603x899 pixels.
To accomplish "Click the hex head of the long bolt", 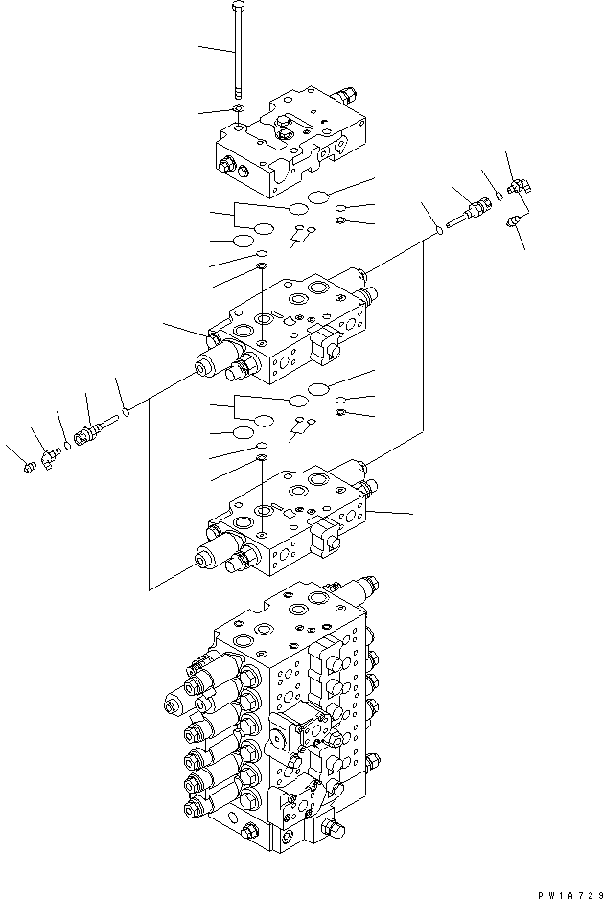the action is (x=238, y=7).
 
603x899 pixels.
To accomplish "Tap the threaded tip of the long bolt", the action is (x=238, y=92).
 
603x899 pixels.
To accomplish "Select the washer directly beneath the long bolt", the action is (x=239, y=109).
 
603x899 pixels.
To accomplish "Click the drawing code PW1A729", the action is (x=569, y=894).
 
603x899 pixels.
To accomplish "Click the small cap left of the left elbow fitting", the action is (x=30, y=469).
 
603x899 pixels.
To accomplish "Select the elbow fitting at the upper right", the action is (x=520, y=186).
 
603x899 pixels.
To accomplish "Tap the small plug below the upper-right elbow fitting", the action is (x=514, y=220).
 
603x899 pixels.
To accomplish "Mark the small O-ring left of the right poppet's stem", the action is (x=439, y=230).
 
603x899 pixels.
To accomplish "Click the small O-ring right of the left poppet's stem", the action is (x=127, y=411).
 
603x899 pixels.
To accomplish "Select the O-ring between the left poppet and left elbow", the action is (x=68, y=445).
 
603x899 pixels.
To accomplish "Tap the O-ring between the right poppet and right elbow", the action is (x=499, y=196).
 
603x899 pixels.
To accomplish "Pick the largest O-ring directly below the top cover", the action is (x=318, y=197).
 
